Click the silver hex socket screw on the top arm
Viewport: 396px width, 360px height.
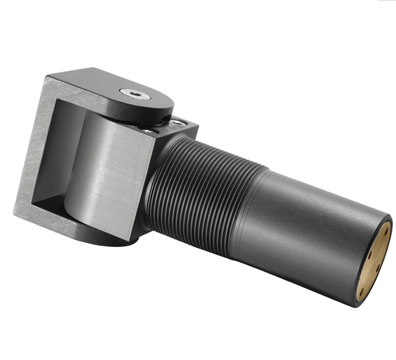pos(135,93)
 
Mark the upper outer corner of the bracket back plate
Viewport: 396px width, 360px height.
pos(46,77)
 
